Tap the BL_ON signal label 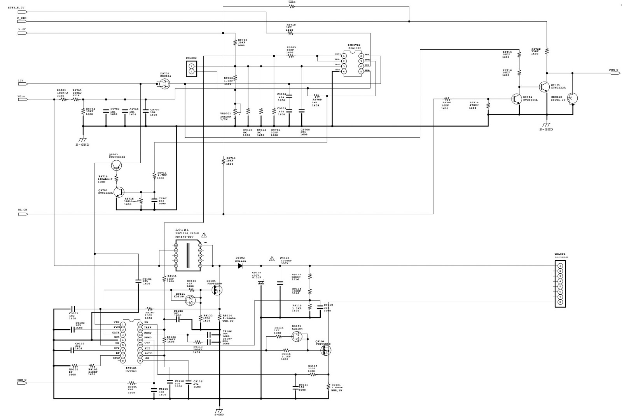point(22,210)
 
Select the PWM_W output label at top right point(613,70)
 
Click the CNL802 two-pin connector point(191,69)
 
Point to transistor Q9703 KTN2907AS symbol point(117,166)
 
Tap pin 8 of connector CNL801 point(560,302)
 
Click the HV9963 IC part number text point(131,371)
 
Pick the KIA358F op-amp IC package point(353,63)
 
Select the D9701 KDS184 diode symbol point(165,83)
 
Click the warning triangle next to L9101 point(204,235)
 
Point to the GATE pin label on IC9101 point(116,332)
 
